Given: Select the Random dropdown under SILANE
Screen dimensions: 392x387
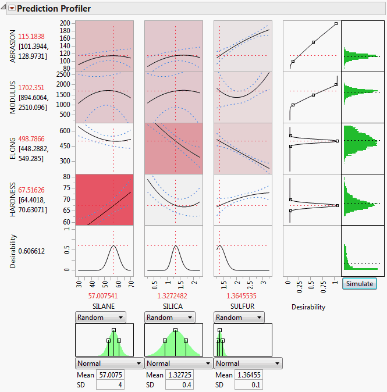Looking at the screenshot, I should pos(101,318).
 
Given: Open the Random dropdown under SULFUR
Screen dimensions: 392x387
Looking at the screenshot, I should pos(239,318).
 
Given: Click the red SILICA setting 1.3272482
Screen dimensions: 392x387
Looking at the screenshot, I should pos(173,295).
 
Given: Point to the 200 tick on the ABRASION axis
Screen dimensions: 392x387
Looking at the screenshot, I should pos(65,23).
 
